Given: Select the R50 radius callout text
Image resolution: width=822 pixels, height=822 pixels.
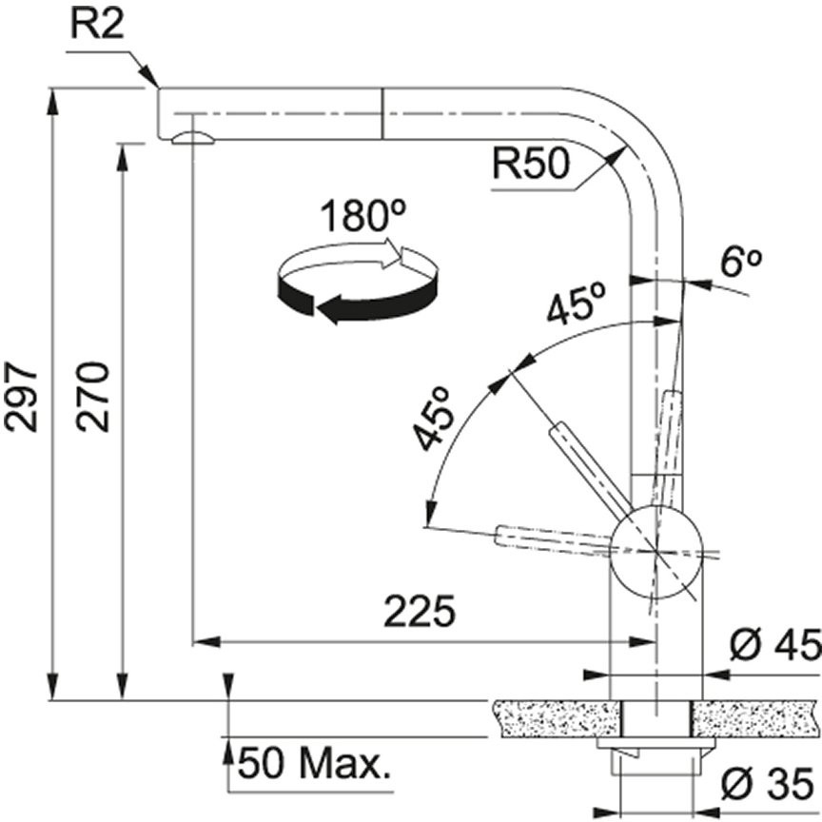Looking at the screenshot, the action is coord(531,163).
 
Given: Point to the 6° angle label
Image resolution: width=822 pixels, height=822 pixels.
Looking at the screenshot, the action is coord(739,263).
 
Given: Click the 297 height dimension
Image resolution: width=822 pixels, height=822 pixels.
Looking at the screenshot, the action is coord(22,396).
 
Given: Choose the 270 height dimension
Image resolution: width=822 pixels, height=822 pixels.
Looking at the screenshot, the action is coord(92,396).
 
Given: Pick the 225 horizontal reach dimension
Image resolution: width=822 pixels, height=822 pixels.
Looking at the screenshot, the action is coord(419,611).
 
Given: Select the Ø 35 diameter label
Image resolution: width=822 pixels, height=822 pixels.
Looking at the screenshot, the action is coord(768,784).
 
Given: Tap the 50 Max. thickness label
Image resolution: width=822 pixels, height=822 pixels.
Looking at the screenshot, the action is coord(315,765).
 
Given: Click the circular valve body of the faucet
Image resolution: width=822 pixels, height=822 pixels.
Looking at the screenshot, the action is coord(656,552).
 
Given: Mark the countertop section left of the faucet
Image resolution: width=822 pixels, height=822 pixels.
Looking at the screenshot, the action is coord(558,718).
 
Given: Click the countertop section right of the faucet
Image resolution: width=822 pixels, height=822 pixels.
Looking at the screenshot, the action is coord(755,718).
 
